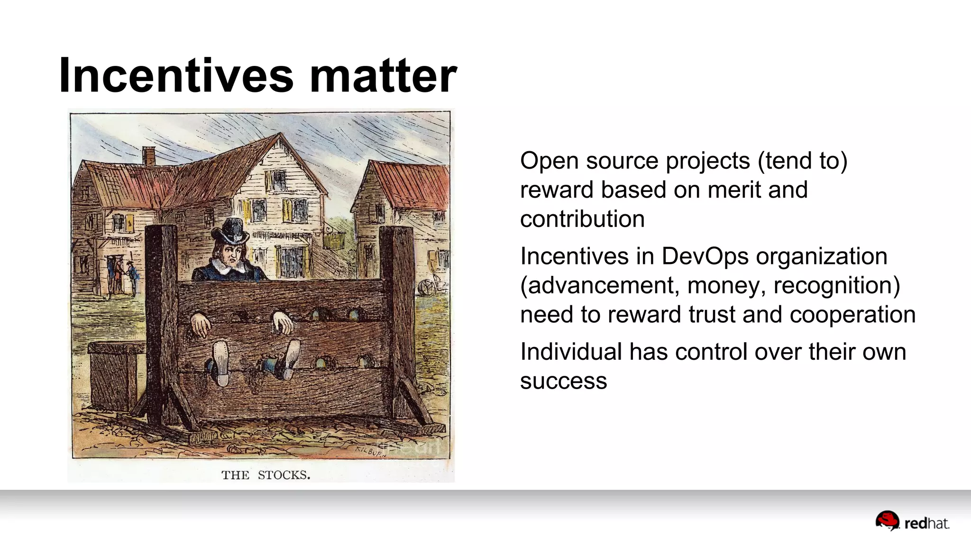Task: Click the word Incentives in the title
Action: [176, 76]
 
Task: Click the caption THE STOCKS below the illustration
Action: [266, 475]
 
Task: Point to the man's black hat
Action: [231, 231]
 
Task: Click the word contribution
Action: [582, 219]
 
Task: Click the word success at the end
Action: [563, 381]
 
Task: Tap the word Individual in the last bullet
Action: [571, 352]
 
